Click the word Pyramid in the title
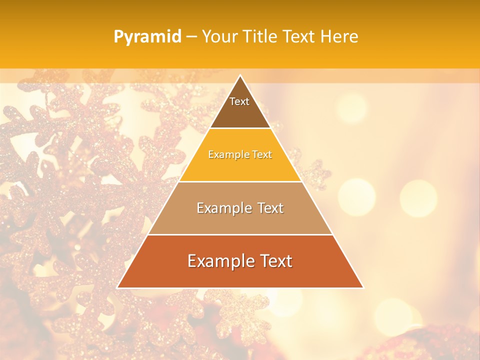coord(147,37)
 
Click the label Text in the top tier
coord(239,101)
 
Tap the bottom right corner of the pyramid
coord(363,287)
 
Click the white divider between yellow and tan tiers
coord(240,181)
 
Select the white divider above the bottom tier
coord(240,234)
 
